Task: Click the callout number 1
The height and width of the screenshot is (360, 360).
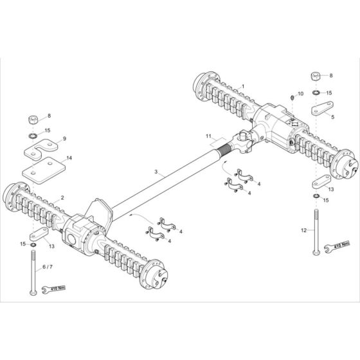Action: click(x=243, y=87)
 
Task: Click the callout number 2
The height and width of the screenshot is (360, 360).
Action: click(x=62, y=198)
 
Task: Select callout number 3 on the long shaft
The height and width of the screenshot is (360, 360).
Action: click(x=156, y=172)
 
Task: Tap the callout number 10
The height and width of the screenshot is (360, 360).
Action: click(x=300, y=94)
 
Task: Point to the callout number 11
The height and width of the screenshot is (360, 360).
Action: click(x=208, y=136)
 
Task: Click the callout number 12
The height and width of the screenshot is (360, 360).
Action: click(x=303, y=230)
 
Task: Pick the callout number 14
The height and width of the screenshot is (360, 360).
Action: click(x=69, y=158)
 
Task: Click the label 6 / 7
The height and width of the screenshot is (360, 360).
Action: click(x=48, y=267)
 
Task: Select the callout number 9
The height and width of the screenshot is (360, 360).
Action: click(x=64, y=139)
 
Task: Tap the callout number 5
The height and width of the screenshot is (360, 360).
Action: click(x=332, y=117)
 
